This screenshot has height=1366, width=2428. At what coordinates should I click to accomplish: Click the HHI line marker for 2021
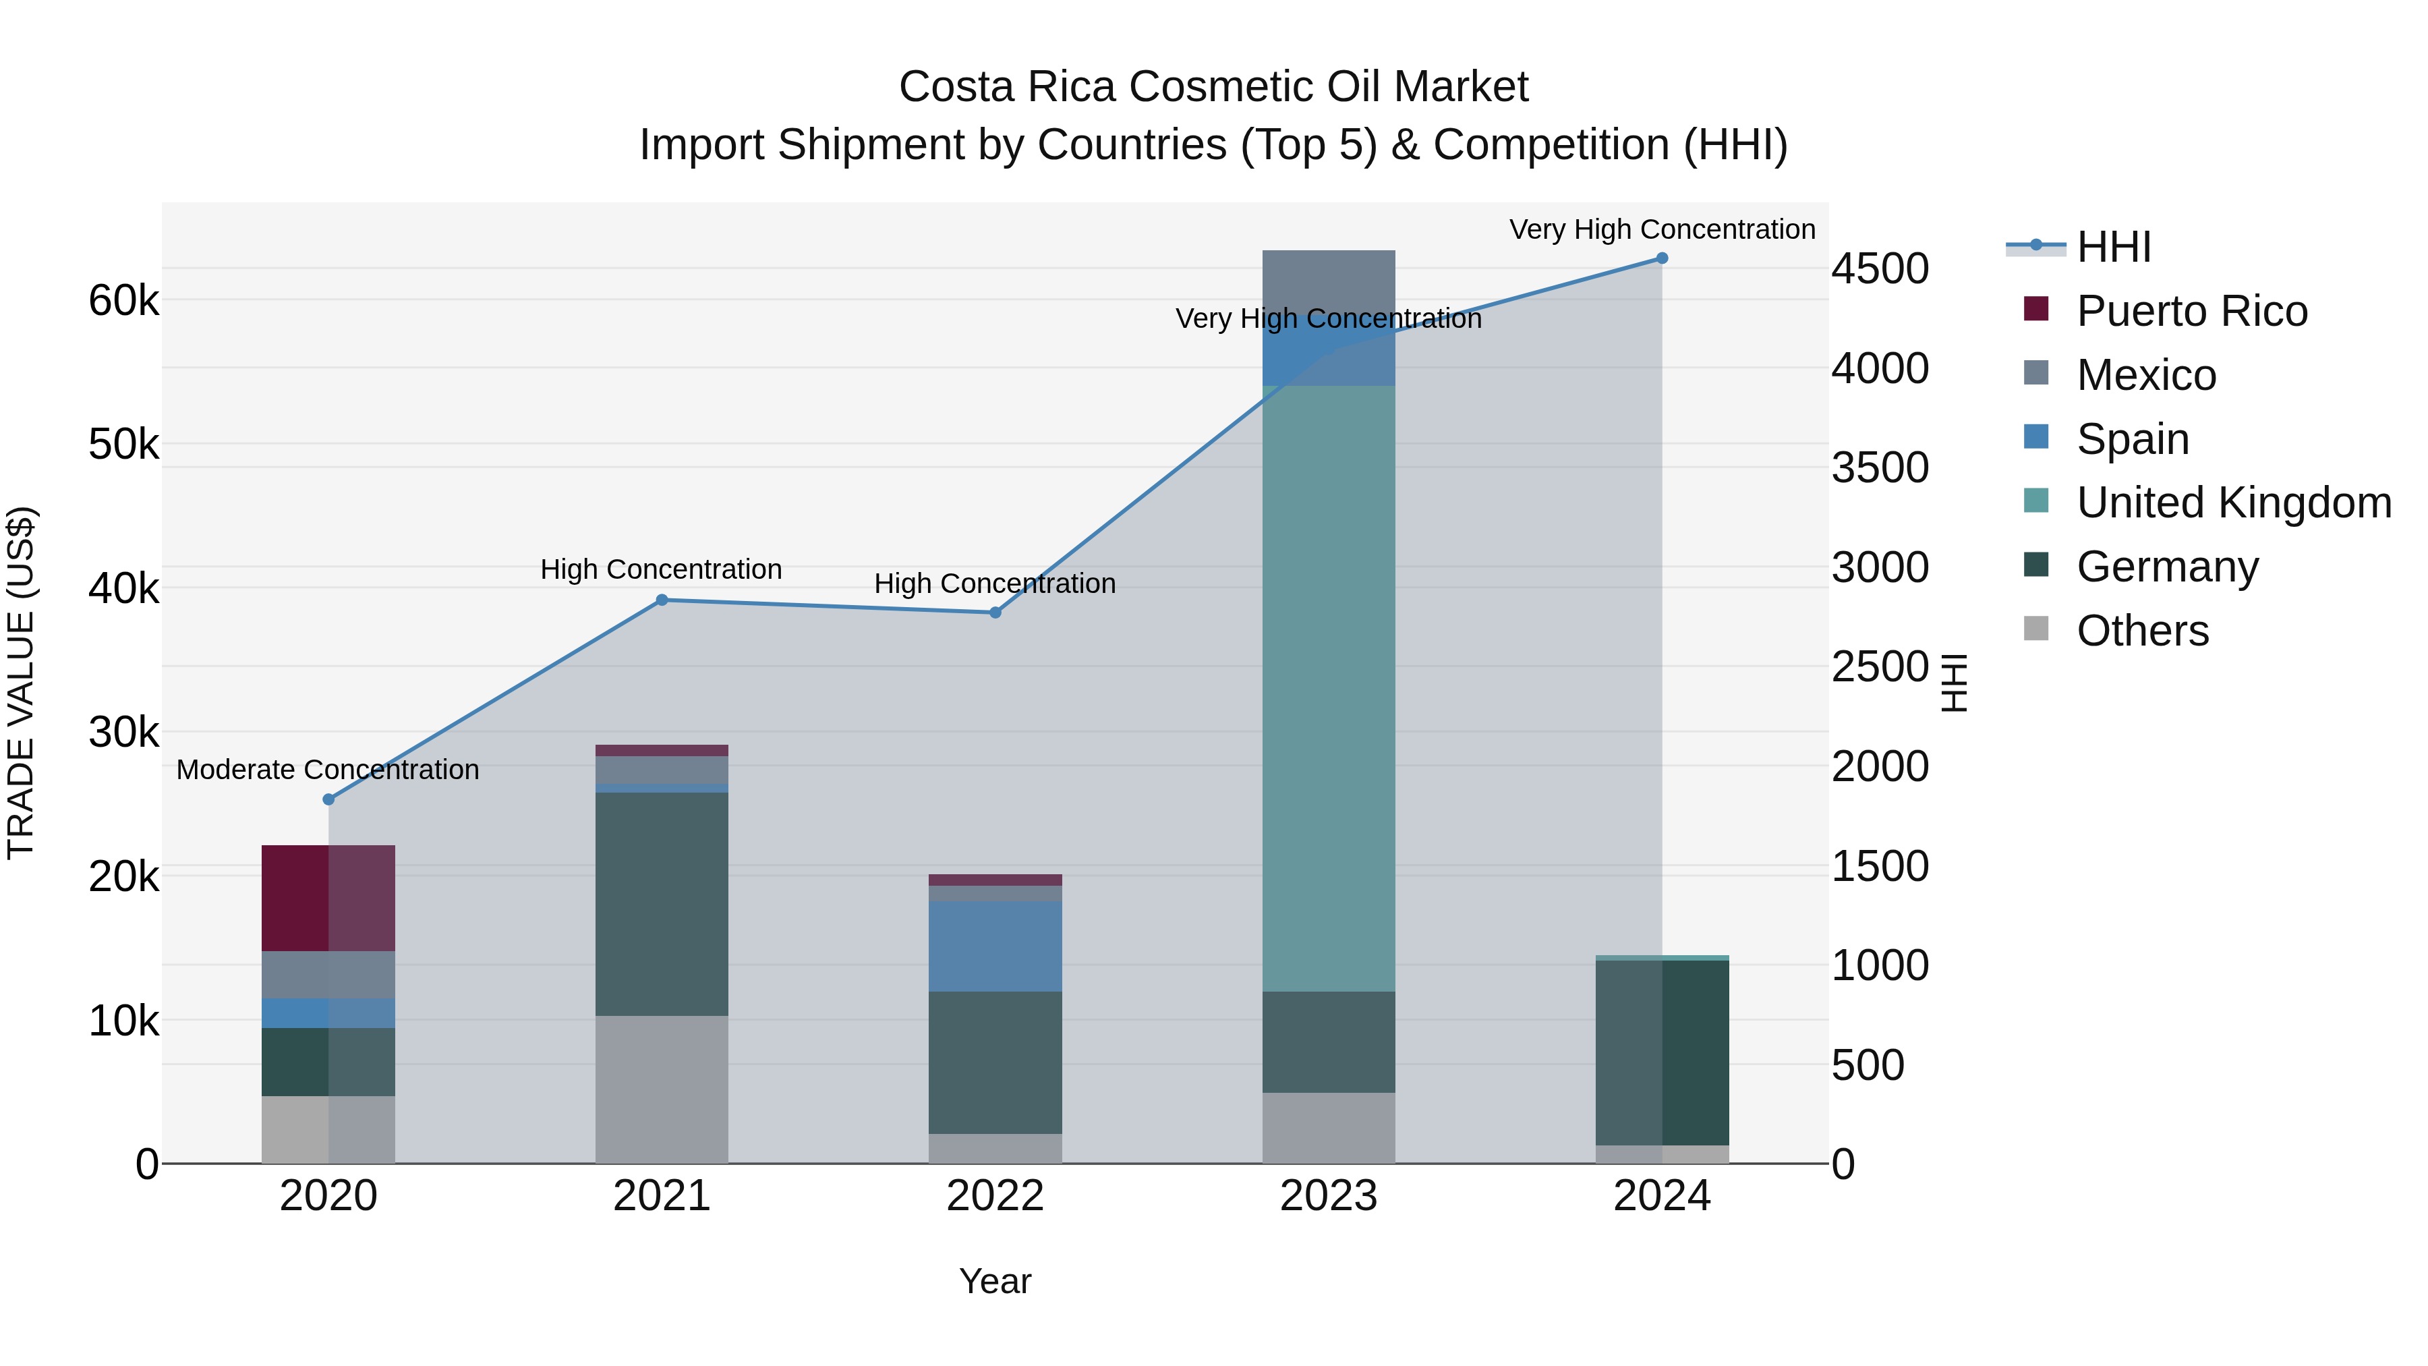point(662,600)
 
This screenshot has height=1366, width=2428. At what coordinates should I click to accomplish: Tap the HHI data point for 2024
point(1662,258)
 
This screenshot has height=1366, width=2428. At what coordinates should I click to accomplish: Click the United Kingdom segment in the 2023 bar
point(1328,688)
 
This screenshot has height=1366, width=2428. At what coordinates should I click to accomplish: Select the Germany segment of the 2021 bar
point(662,903)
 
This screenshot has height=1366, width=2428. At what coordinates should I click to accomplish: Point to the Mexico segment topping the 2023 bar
point(1328,283)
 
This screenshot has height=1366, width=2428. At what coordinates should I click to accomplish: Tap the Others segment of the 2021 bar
point(662,1089)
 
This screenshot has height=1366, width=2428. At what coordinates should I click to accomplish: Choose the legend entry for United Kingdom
point(2233,503)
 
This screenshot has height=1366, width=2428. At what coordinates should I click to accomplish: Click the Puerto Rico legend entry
point(2191,311)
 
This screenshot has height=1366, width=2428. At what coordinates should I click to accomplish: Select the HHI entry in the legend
point(2113,247)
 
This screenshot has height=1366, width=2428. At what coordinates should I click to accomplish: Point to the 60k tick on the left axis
point(123,302)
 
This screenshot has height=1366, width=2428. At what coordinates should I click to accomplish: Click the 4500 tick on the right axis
point(1880,268)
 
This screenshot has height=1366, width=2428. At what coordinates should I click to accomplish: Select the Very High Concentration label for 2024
point(1662,229)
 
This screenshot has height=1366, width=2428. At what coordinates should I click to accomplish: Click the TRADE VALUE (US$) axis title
point(21,683)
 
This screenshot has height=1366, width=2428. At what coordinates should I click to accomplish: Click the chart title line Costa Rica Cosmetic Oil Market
point(1213,87)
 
